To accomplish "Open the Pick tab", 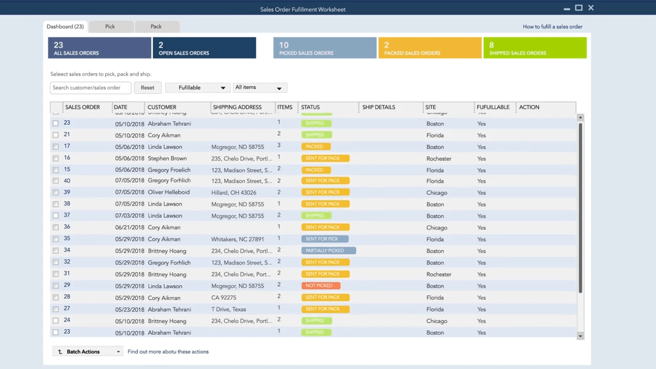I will (x=110, y=27).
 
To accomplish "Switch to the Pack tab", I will (x=156, y=27).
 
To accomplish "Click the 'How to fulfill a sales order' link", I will (x=552, y=27).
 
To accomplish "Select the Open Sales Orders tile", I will (x=204, y=48).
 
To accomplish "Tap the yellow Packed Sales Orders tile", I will (x=429, y=48).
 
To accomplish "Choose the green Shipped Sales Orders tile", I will (x=535, y=48).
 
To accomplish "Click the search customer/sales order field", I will (x=90, y=88).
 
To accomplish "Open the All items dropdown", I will (x=259, y=88).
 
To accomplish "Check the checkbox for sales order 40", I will (x=55, y=181).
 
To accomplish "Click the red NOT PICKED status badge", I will (x=320, y=286).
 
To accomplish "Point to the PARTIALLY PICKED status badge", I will (x=328, y=251).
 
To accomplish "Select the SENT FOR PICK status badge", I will (x=324, y=239).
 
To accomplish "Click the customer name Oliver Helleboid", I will (x=169, y=193).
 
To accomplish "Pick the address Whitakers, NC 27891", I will (x=237, y=239).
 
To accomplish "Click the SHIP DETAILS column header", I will (x=378, y=107).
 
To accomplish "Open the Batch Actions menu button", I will (x=87, y=352).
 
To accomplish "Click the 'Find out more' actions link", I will (x=168, y=352).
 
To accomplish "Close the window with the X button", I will (x=591, y=8).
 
